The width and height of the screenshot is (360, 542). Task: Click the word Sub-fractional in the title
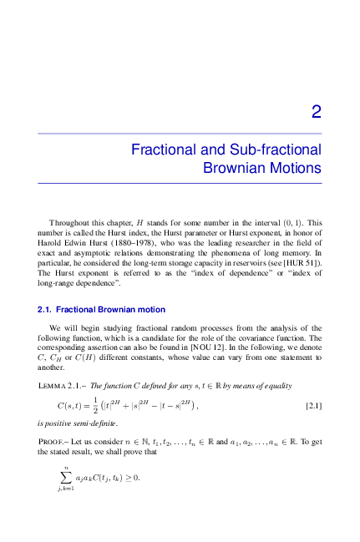(x=272, y=149)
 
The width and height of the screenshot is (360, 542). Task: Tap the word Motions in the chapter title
(x=296, y=167)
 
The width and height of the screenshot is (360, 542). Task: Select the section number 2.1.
(x=45, y=310)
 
